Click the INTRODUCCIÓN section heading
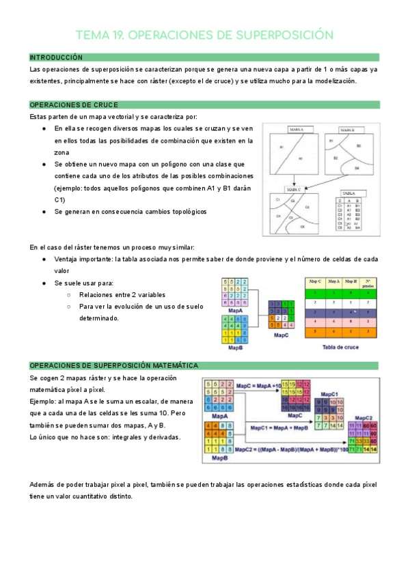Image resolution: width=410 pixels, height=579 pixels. click(56, 58)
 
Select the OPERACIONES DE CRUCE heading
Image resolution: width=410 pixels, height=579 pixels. click(74, 104)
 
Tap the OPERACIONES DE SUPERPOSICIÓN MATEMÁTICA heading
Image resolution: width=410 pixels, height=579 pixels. click(114, 365)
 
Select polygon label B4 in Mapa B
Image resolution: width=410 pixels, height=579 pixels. click(356, 168)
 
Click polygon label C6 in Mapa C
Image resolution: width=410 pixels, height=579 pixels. click(303, 225)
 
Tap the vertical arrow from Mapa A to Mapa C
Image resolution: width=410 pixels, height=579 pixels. click(295, 180)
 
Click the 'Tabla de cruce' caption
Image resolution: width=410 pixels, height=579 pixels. click(341, 347)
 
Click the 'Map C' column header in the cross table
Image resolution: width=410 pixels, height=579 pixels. click(315, 281)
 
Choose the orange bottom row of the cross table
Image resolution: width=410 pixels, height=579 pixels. click(341, 331)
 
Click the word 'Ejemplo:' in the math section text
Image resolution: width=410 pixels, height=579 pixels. click(43, 401)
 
